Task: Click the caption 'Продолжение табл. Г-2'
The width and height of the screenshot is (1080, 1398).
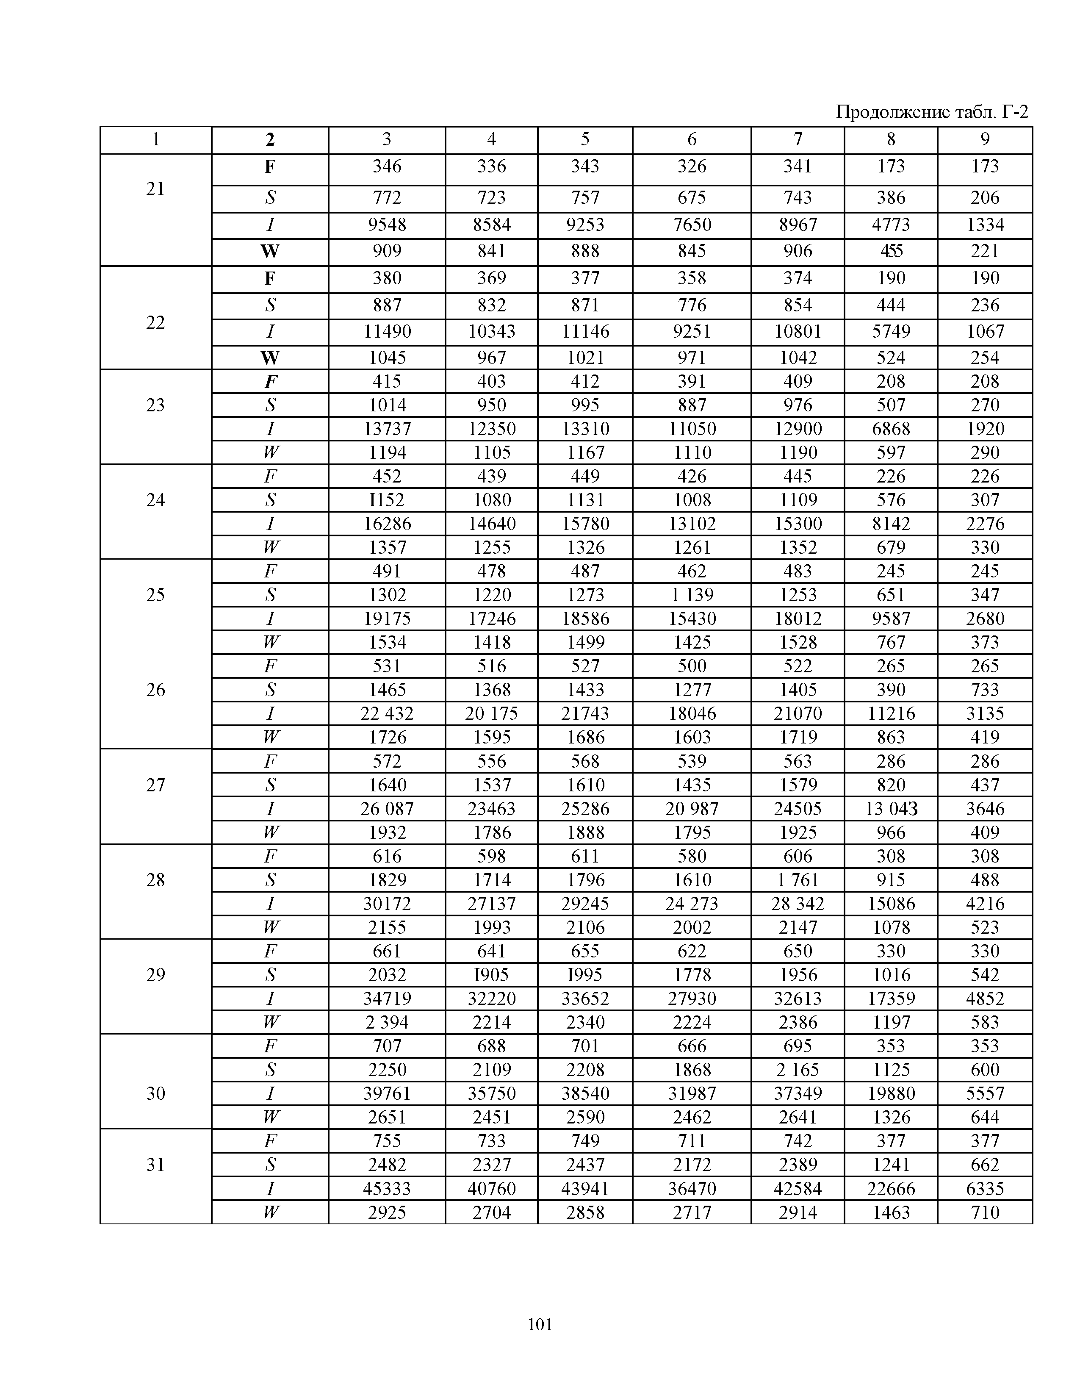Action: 932,113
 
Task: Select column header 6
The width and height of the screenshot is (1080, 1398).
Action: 692,139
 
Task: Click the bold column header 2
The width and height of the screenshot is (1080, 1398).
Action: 270,139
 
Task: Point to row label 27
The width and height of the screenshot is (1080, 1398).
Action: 155,785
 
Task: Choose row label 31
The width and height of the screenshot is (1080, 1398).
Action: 155,1164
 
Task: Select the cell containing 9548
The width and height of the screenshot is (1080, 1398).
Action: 387,225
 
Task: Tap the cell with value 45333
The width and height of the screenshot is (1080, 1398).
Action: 387,1189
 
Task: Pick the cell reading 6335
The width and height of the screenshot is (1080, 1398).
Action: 985,1189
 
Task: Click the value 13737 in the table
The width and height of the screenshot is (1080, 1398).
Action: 387,429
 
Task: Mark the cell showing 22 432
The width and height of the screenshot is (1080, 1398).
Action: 387,713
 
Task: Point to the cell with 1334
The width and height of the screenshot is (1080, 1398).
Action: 985,225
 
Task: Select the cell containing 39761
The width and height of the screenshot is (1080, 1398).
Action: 387,1093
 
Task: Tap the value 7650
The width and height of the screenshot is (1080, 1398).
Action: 692,225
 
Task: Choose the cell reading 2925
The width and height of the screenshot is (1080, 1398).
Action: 387,1212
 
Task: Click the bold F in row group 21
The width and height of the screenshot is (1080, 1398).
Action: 270,167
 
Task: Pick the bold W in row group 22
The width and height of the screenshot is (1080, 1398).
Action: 270,358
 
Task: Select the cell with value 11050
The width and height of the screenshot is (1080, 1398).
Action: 692,429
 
